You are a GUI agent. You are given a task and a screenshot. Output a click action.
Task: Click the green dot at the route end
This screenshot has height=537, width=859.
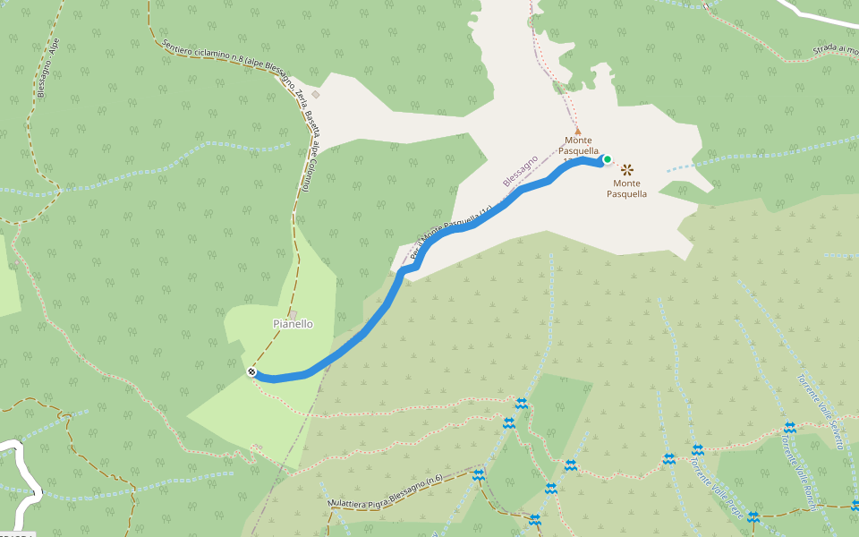point(607,160)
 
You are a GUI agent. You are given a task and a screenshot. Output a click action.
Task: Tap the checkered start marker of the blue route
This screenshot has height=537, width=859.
point(252,371)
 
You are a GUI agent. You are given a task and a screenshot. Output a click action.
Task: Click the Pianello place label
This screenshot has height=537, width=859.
point(293,324)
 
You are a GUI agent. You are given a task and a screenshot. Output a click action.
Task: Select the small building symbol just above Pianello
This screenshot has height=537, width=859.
point(293,314)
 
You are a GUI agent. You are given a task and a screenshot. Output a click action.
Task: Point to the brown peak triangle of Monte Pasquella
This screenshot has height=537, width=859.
point(577,129)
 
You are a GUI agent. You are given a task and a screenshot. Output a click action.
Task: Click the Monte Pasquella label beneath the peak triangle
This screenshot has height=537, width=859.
point(578,146)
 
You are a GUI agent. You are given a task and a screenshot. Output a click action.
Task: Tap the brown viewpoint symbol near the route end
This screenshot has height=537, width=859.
point(627,168)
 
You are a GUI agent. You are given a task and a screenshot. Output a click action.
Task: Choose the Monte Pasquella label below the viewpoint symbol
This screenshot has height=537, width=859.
point(626,188)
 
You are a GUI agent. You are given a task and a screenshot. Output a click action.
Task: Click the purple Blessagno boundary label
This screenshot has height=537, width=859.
point(521,170)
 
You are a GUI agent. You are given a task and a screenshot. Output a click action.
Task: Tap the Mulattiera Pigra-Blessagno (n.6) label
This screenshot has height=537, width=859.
point(385,493)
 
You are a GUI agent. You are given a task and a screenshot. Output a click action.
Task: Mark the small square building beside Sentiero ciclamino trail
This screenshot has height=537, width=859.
point(315,93)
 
